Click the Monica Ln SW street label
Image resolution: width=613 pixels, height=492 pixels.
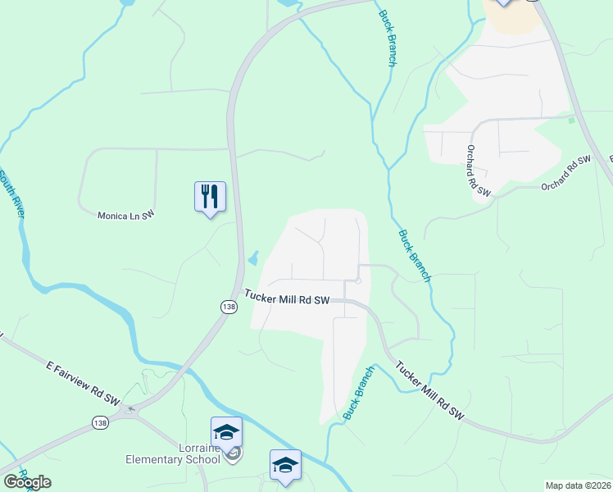point(126,215)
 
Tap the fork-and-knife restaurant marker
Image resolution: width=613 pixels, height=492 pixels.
point(210,197)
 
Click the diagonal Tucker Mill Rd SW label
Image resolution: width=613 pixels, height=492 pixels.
point(429,391)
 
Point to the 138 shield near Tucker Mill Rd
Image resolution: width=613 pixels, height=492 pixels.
point(229,306)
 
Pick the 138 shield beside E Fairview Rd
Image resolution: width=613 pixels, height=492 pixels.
point(100,422)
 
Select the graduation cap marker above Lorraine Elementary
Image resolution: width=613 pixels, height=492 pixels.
point(226,431)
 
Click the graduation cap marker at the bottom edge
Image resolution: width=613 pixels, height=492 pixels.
point(285,464)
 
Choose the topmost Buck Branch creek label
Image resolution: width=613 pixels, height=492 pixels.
point(388,38)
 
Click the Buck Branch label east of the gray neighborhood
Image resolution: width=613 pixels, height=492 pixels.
point(414,255)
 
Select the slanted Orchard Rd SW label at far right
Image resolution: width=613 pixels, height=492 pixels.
point(565,173)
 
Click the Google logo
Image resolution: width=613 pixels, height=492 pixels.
point(28,482)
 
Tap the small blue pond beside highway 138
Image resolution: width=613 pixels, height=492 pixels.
point(252,259)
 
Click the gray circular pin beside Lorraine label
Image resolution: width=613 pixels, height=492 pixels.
point(234,453)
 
